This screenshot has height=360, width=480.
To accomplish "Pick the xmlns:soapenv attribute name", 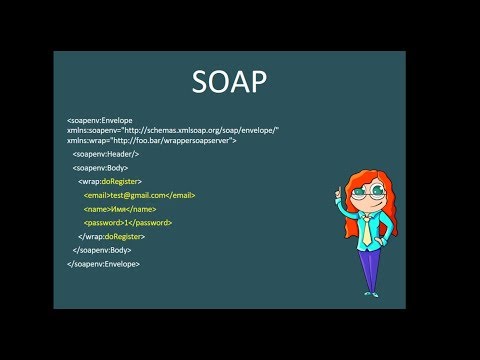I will [93, 131].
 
